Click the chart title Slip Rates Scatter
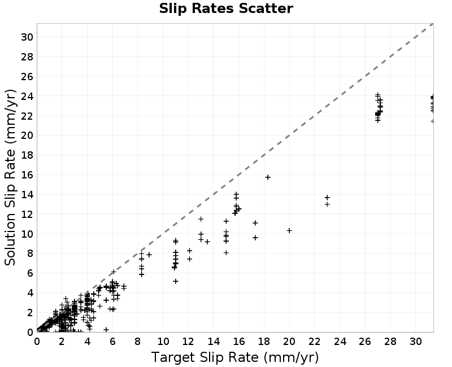tap(226, 8)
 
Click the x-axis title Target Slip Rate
tap(235, 357)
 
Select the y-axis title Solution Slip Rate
tap(10, 177)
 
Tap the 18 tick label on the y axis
tap(27, 155)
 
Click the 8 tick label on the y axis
tap(31, 254)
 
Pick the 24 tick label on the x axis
tap(340, 342)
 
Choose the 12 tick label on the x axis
tap(188, 342)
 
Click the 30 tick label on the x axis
tap(416, 342)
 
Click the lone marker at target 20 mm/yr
tap(289, 230)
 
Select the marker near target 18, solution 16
tap(268, 177)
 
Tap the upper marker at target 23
tap(327, 197)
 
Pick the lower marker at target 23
tap(327, 204)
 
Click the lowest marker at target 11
tap(176, 281)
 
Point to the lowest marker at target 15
tap(227, 252)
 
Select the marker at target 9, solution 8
tap(149, 255)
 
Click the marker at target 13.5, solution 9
tap(207, 242)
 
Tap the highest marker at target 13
tap(201, 219)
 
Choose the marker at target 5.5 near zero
tap(106, 329)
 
